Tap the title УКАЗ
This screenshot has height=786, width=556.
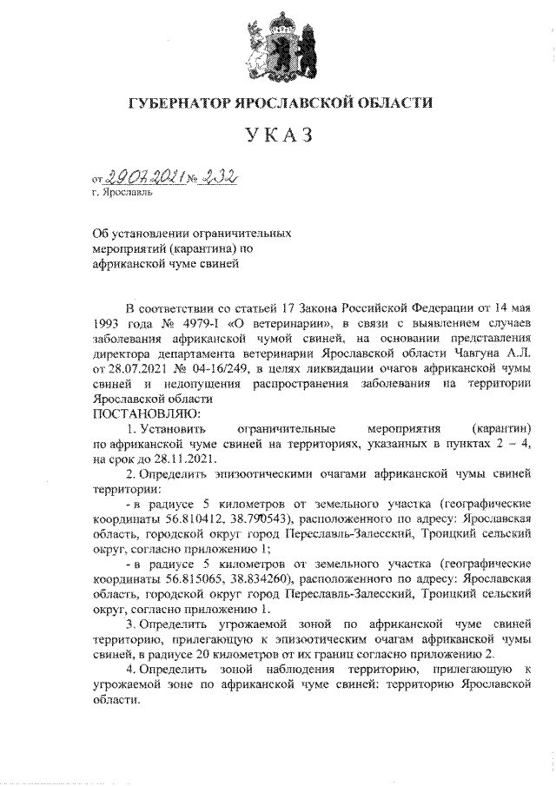(279, 135)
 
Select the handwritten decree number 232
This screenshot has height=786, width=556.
(218, 177)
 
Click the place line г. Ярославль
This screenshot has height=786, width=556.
(122, 193)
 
